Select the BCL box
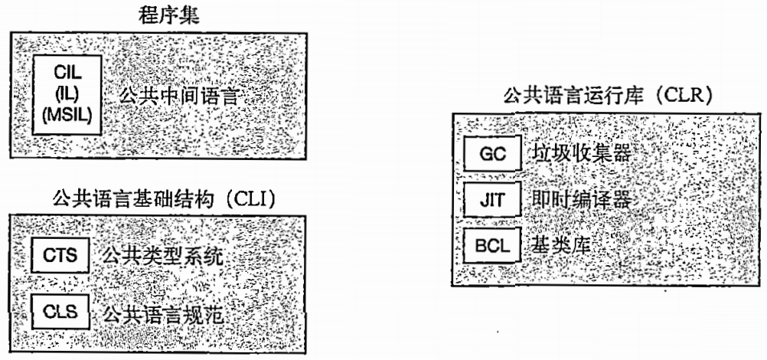491,247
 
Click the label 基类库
564,247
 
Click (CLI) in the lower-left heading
253,201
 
